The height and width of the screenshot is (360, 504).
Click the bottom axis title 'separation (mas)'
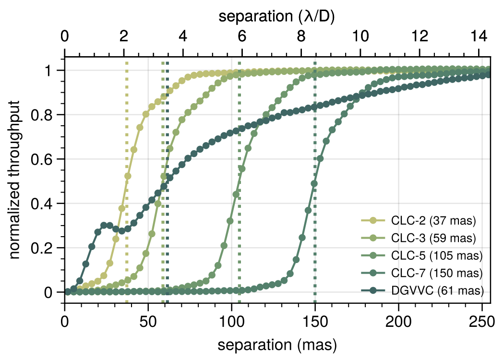[x=277, y=345]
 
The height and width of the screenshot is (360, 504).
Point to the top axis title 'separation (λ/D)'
[x=277, y=17]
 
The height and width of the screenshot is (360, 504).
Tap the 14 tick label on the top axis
[x=479, y=36]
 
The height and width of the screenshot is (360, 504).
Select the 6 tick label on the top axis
[x=241, y=36]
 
